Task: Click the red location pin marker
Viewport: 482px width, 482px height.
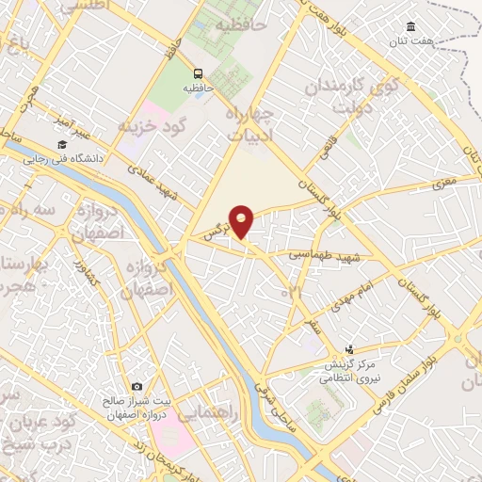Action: [243, 221]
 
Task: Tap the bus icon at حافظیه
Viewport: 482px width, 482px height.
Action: [198, 73]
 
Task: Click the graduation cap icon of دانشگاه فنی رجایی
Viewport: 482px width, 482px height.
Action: [61, 145]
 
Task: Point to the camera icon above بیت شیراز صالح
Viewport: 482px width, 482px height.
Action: [137, 387]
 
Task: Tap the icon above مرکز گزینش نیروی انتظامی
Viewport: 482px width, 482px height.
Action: [350, 349]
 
